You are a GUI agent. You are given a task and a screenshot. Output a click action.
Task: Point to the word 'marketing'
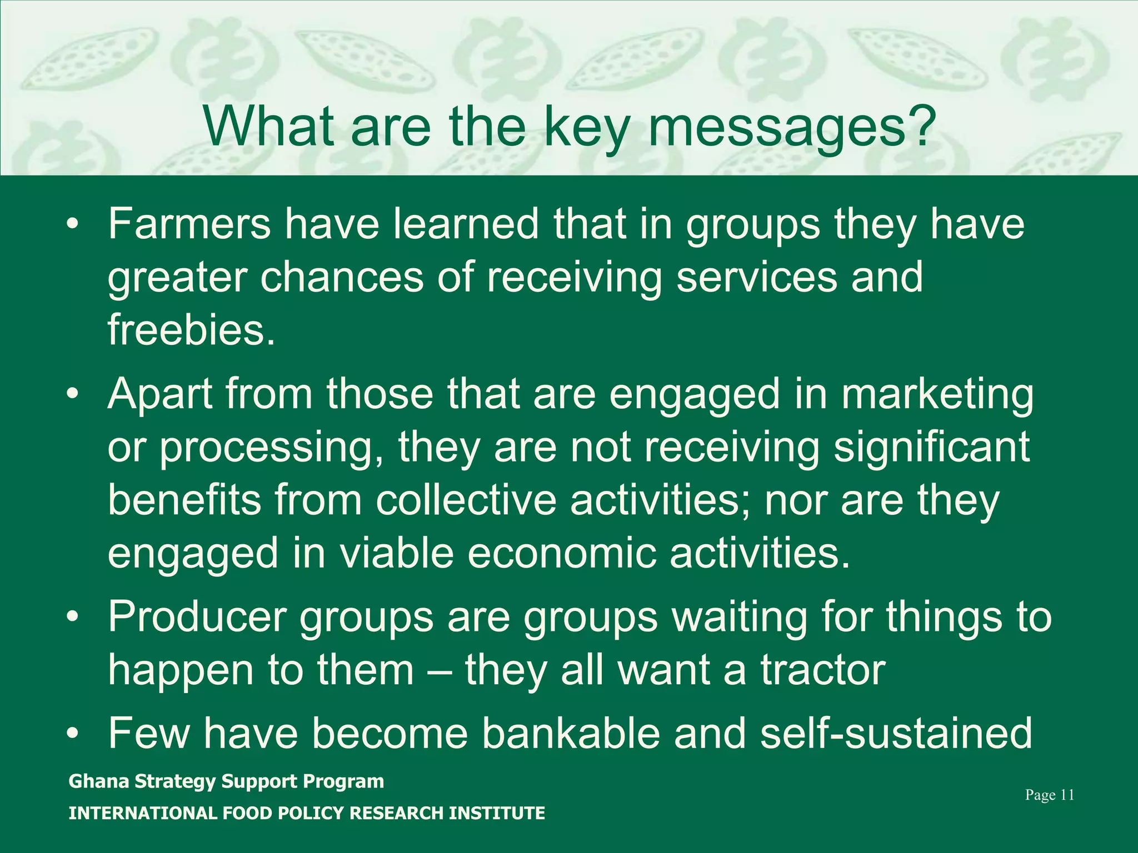[x=937, y=395]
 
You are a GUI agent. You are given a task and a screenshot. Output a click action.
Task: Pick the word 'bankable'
[x=571, y=733]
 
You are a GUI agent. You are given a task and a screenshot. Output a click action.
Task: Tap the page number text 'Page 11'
[x=1049, y=795]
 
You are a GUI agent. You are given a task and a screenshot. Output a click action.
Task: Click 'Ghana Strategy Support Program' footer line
[x=226, y=781]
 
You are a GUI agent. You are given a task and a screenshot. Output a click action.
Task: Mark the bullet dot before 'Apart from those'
[x=72, y=395]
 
